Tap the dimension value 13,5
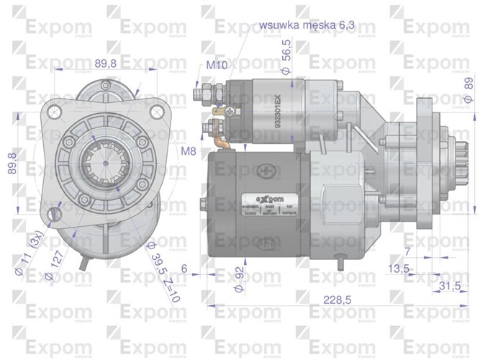click(399, 269)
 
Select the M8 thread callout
click(189, 150)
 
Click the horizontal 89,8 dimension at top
click(106, 63)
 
